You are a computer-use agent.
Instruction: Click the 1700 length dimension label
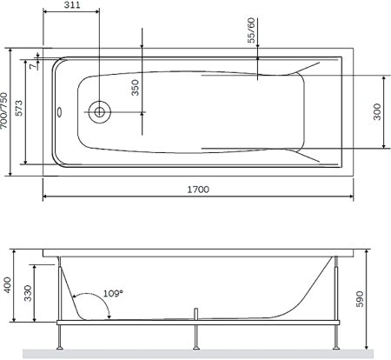click(x=198, y=190)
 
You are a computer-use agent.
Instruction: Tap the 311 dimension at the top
click(x=72, y=5)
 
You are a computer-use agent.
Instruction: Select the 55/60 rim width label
click(x=251, y=30)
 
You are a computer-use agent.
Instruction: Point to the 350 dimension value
click(x=136, y=88)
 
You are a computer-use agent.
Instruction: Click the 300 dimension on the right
click(x=377, y=111)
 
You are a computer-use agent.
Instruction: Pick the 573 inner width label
click(x=19, y=108)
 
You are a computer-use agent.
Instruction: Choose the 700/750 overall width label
click(x=3, y=110)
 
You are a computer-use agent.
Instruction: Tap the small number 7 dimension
click(x=34, y=66)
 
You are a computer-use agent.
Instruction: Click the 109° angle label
click(x=113, y=294)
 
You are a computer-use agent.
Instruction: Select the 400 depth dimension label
click(x=8, y=285)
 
